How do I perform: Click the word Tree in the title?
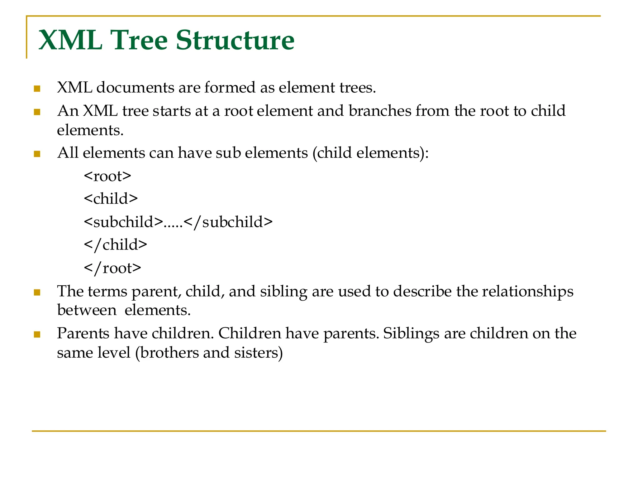tap(139, 40)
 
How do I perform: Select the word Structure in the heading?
tap(235, 40)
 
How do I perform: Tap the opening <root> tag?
tap(108, 176)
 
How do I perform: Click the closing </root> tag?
tap(112, 268)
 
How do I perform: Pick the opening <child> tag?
tap(111, 199)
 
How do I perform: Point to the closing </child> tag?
tap(116, 245)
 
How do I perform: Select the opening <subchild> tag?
tap(123, 222)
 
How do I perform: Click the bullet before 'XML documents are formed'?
tap(37, 89)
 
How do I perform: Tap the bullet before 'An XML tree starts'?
tap(37, 112)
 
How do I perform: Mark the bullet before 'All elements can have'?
tap(37, 154)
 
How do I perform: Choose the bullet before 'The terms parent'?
tap(37, 292)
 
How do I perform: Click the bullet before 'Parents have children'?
tap(37, 335)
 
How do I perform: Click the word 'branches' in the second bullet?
tap(380, 111)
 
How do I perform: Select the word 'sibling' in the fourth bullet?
tap(283, 292)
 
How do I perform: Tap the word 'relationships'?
tap(528, 292)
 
